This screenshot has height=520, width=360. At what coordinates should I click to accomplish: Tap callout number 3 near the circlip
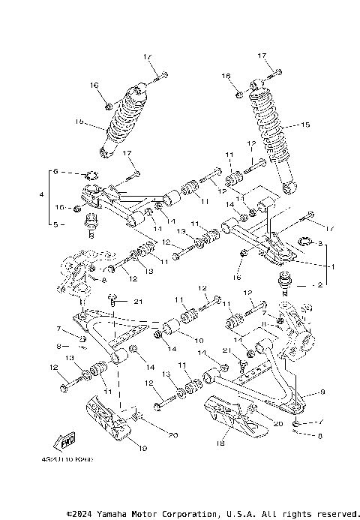[x=319, y=245]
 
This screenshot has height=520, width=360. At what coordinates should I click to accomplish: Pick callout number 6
[x=54, y=172]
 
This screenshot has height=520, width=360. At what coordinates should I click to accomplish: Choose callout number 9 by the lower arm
[x=322, y=392]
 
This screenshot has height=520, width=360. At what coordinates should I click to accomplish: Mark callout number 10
[x=199, y=341]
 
